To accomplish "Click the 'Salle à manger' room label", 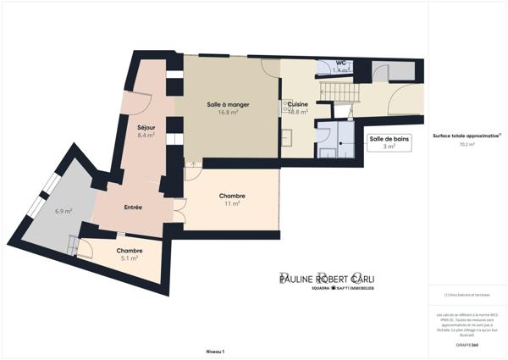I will (227, 104).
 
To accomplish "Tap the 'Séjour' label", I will (146, 127).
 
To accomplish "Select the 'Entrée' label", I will (133, 208).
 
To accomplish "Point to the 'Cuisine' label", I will (298, 104).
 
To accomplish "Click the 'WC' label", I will (340, 63).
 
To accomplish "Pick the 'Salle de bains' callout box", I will (389, 141).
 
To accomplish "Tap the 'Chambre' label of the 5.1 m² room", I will (130, 251).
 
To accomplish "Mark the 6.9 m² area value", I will (63, 211).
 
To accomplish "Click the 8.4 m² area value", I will (146, 135).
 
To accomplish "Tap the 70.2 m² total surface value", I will (467, 145).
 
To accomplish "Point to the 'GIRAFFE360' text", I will (467, 335).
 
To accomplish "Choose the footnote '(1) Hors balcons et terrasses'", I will (467, 295).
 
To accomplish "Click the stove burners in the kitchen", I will (287, 135).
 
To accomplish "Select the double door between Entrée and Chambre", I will (179, 209).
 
